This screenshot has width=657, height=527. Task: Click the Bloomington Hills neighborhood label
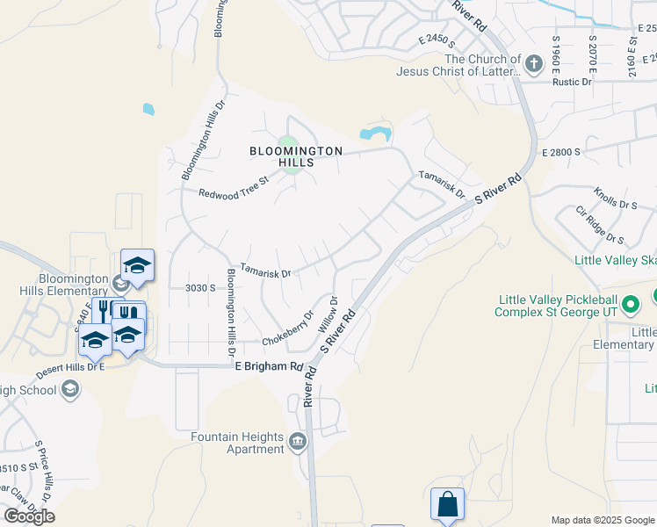(295, 157)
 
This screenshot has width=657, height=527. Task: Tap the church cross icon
(533, 63)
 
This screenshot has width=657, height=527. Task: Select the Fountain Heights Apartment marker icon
(298, 440)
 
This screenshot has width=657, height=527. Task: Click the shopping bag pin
(447, 504)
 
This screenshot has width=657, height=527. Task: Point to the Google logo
(29, 516)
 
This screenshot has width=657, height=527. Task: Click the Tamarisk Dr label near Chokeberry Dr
(265, 273)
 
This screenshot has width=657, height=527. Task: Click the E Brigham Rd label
(269, 367)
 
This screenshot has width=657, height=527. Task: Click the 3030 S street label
(200, 288)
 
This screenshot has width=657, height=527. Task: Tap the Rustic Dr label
(572, 83)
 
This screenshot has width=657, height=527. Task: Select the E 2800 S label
(561, 152)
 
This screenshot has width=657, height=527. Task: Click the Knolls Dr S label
(615, 199)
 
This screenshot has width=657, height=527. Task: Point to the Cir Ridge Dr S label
(600, 226)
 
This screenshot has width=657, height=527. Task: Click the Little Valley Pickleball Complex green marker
(630, 305)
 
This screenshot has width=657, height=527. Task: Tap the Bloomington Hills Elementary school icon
(120, 283)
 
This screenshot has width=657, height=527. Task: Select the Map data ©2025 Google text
(603, 520)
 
